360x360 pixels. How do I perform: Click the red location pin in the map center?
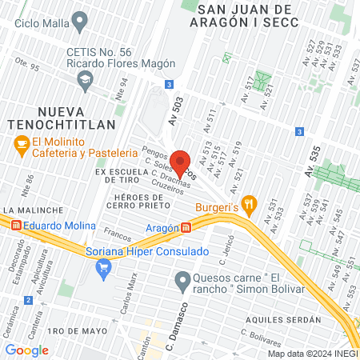pos(180,161)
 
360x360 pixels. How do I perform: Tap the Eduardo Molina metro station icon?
pos(16,226)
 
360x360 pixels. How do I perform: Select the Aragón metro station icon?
pos(186,228)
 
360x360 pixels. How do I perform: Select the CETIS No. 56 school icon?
pos(85,78)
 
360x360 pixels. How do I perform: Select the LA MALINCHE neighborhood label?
pos(28,209)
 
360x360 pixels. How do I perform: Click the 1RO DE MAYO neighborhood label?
pos(77,330)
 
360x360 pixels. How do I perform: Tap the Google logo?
pos(26,350)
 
